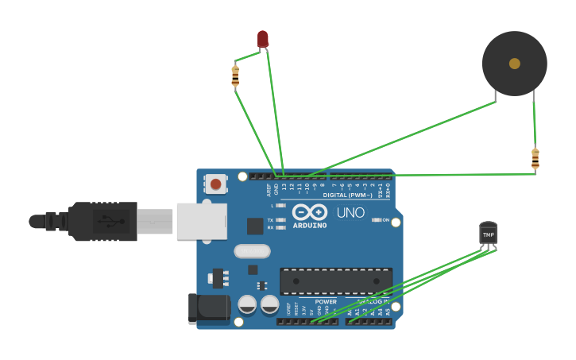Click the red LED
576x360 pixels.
click(263, 38)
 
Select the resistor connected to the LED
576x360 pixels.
click(235, 76)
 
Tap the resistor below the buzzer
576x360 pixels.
click(535, 159)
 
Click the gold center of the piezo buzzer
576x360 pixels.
click(515, 64)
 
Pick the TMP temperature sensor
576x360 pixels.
click(488, 234)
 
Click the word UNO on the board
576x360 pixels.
click(350, 213)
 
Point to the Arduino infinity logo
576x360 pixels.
click(310, 212)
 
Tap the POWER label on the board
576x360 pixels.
click(326, 302)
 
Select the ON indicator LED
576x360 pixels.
click(377, 220)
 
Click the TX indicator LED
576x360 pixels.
click(280, 219)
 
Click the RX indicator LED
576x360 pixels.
click(280, 227)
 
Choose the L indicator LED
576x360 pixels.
click(280, 206)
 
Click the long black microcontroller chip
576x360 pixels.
click(335, 281)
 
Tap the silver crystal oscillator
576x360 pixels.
click(253, 251)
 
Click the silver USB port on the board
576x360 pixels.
click(201, 221)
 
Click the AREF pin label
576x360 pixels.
click(269, 190)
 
